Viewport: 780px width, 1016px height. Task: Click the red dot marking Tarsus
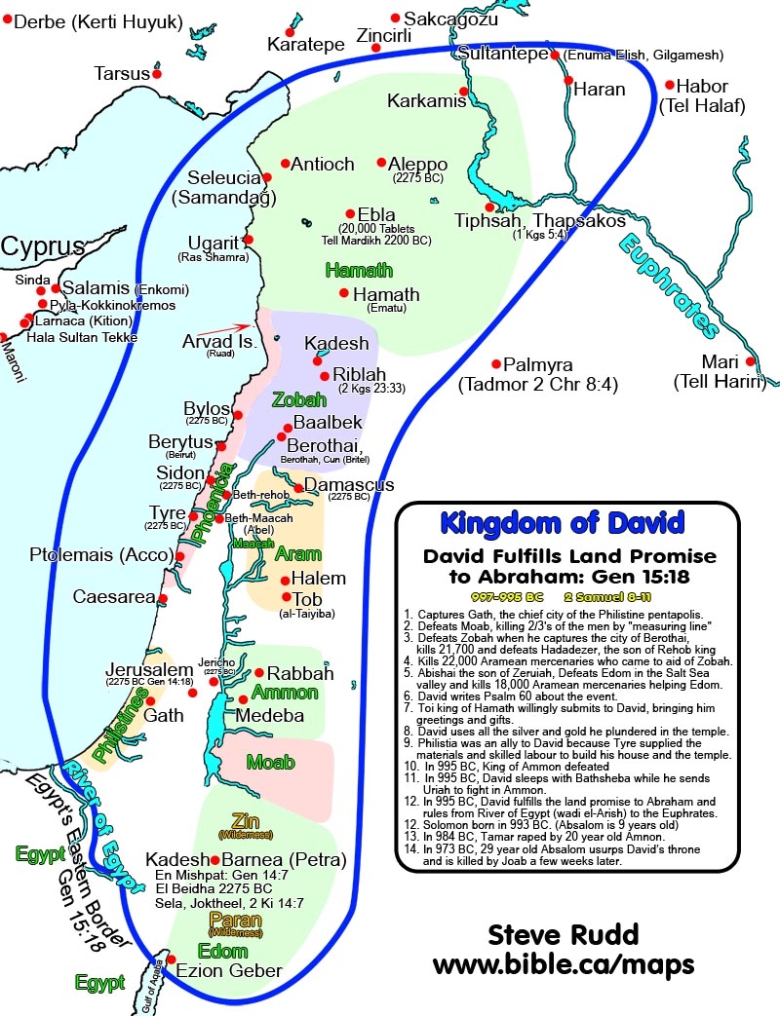point(156,74)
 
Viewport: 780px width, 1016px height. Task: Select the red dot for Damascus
point(297,483)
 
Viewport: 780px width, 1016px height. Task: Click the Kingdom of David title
point(562,522)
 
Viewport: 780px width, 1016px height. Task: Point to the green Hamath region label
point(359,270)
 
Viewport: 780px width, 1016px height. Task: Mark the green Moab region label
point(272,762)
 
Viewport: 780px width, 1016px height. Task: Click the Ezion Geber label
point(229,970)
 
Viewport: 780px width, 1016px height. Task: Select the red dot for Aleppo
point(382,163)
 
